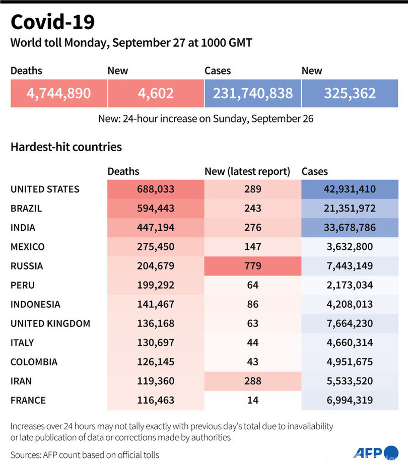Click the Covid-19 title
point(52,23)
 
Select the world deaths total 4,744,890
point(58,93)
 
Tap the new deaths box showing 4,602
point(155,93)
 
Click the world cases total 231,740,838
point(252,93)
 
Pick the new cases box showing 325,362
point(350,93)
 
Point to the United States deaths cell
point(155,189)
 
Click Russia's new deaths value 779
point(252,266)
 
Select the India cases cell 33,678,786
point(350,228)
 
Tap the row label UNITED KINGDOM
point(50,323)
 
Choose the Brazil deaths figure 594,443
point(155,209)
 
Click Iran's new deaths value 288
point(252,381)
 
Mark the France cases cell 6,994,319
point(350,401)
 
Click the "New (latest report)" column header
point(247,172)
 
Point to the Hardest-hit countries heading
point(66,147)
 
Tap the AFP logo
point(376,452)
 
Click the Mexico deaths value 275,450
point(155,247)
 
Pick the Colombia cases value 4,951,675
point(350,362)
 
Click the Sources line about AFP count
point(85,455)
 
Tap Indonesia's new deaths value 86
point(252,304)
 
